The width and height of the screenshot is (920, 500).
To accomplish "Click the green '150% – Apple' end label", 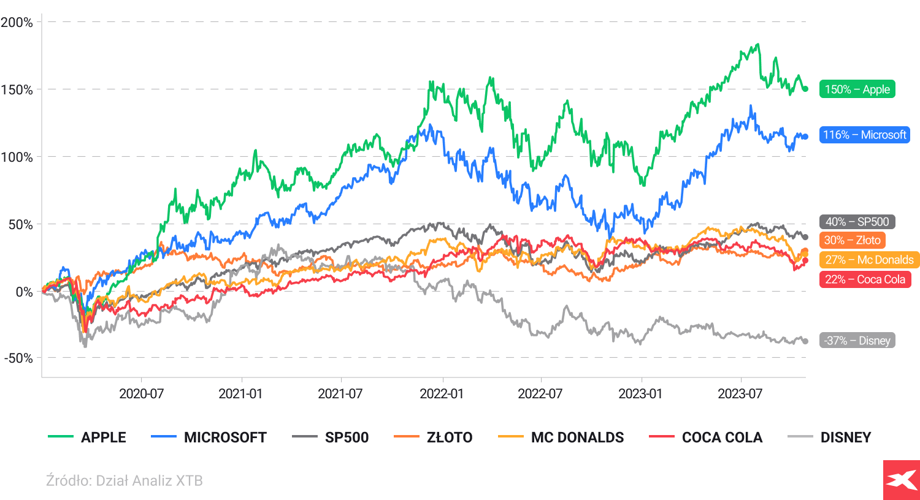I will [857, 89].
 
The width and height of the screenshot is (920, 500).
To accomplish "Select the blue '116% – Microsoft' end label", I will [864, 135].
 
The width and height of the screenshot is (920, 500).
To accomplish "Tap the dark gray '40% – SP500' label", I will [857, 222].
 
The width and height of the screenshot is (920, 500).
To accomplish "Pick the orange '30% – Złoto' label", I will [852, 240].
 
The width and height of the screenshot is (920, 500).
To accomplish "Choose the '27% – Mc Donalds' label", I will [869, 260].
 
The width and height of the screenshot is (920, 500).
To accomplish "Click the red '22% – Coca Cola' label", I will [865, 279].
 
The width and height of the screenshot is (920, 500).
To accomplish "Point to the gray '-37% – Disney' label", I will [857, 341].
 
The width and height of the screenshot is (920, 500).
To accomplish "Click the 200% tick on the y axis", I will [17, 23].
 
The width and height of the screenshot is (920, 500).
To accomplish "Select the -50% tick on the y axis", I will [18, 358].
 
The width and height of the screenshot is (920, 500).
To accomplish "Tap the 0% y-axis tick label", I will [25, 292].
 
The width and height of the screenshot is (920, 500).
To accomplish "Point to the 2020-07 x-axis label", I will [141, 394].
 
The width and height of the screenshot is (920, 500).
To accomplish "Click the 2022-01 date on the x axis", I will [442, 394].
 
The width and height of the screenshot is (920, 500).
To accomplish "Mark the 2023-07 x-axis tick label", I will [740, 394].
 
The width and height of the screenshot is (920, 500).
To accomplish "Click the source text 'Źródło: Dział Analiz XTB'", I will [124, 481].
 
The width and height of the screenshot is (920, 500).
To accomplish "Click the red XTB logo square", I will [901, 480].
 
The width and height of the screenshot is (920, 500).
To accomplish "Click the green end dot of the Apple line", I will [805, 89].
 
